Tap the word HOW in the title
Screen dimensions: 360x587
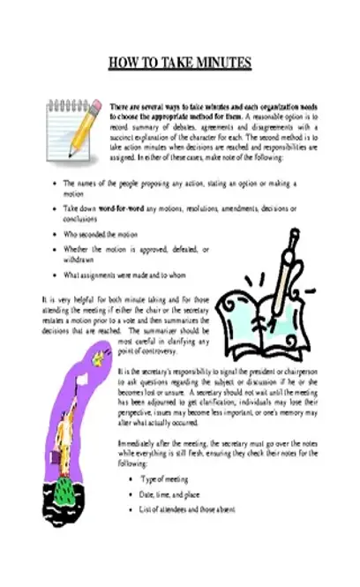122,63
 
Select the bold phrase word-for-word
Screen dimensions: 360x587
116,208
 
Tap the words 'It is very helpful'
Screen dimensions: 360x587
66,300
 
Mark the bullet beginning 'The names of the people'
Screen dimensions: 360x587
132,184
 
